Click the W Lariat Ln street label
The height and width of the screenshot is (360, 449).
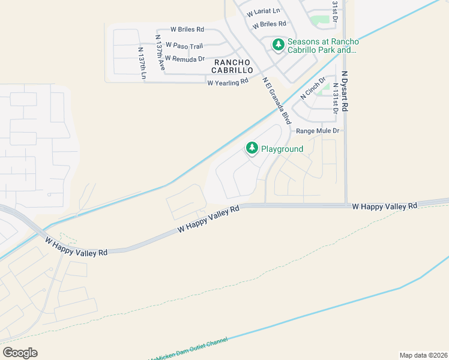(x=263, y=11)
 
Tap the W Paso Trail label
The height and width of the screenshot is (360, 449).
(x=185, y=45)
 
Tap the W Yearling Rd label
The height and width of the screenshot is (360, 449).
(x=228, y=82)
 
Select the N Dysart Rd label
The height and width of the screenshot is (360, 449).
(x=345, y=91)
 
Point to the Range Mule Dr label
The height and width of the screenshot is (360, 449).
(x=318, y=130)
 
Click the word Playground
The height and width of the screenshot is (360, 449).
(x=282, y=148)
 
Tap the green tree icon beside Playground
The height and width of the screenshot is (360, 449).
(x=252, y=148)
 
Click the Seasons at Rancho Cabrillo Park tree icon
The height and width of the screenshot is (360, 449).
(x=278, y=45)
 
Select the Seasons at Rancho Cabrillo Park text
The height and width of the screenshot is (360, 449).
(x=323, y=46)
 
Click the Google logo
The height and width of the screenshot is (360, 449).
(x=20, y=352)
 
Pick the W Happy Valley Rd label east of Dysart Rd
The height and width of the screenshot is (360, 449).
(x=384, y=206)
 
